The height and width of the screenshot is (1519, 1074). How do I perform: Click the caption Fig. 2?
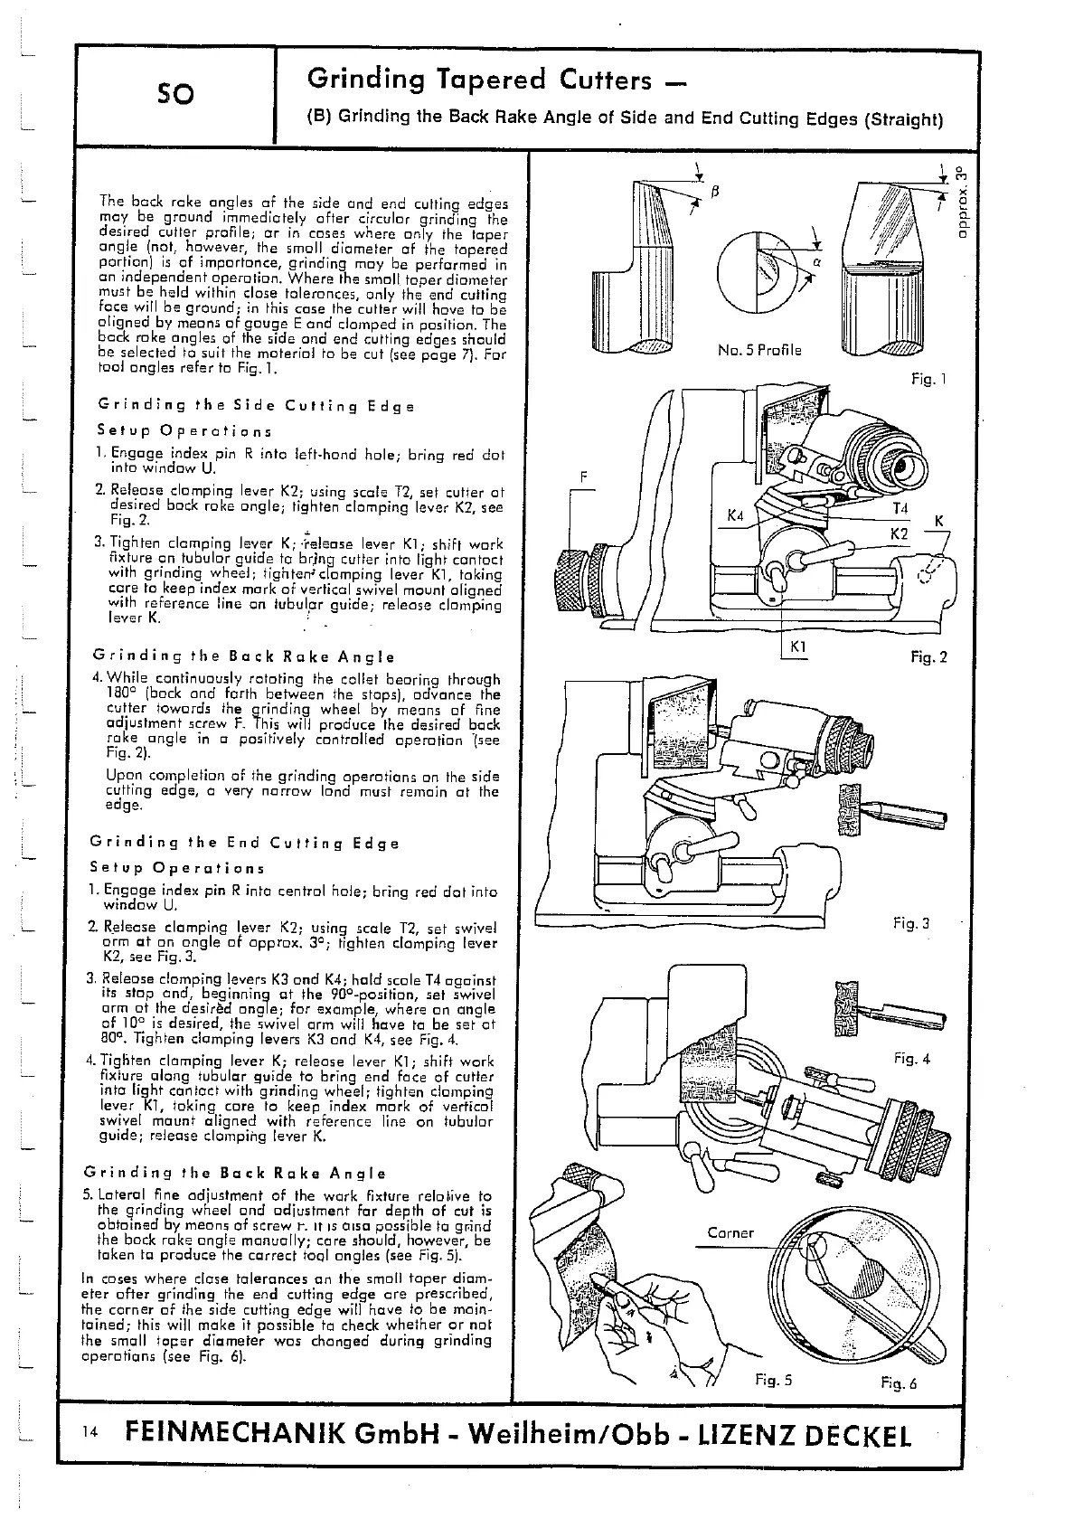tap(928, 657)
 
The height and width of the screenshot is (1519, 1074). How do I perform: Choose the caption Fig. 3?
tap(911, 923)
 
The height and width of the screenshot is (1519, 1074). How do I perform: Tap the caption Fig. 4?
tap(911, 1058)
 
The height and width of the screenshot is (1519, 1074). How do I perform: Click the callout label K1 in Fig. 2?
tap(798, 647)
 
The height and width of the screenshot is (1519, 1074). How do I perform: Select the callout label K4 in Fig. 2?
tap(735, 516)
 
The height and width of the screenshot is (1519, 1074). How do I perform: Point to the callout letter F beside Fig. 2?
tap(585, 476)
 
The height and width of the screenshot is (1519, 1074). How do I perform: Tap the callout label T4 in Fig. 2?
tap(900, 510)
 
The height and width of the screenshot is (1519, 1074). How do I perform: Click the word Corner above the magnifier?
tap(730, 1232)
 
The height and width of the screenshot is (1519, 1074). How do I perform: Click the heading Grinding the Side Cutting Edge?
tap(255, 406)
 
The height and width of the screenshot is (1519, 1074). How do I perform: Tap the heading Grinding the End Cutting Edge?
tap(244, 843)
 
